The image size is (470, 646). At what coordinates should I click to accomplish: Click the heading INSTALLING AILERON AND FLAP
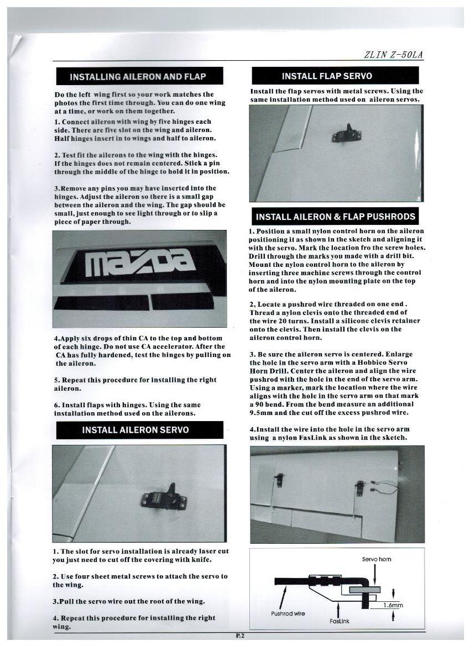pyautogui.click(x=139, y=76)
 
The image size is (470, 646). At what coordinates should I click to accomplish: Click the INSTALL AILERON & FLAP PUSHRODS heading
pyautogui.click(x=336, y=217)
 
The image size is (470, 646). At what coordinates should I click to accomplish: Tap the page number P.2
pyautogui.click(x=240, y=636)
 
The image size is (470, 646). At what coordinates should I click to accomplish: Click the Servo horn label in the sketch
pyautogui.click(x=377, y=559)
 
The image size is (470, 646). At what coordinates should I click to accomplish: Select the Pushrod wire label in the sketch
pyautogui.click(x=288, y=613)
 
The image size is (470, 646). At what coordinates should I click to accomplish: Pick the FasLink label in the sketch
pyautogui.click(x=339, y=621)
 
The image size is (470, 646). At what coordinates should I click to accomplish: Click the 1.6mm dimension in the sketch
pyautogui.click(x=394, y=605)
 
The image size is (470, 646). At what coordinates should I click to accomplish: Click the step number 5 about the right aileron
pyautogui.click(x=56, y=380)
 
